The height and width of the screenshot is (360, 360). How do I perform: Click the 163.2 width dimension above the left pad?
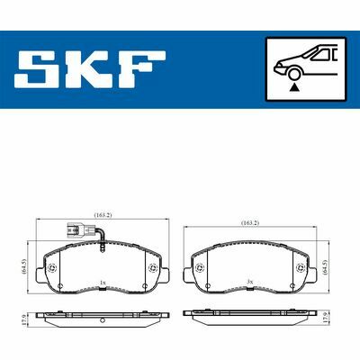(x=102, y=216)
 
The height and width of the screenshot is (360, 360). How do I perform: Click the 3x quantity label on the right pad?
(x=249, y=283)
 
